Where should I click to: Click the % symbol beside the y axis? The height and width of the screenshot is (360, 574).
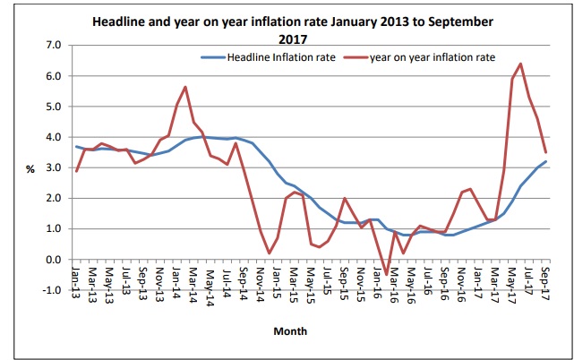click(30, 168)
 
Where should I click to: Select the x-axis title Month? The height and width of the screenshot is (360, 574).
click(290, 330)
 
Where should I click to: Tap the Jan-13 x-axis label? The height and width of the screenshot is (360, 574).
click(77, 279)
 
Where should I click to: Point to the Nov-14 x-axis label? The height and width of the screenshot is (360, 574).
click(261, 279)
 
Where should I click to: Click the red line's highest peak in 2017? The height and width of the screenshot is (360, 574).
click(520, 64)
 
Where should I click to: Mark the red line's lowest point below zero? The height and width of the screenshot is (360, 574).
click(386, 274)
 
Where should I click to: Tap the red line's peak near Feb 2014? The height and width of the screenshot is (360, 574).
click(184, 87)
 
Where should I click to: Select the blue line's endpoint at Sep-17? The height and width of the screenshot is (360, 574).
click(545, 161)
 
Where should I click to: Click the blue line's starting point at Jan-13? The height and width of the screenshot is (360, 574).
click(77, 147)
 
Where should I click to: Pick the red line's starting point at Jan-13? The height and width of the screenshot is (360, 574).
click(77, 171)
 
